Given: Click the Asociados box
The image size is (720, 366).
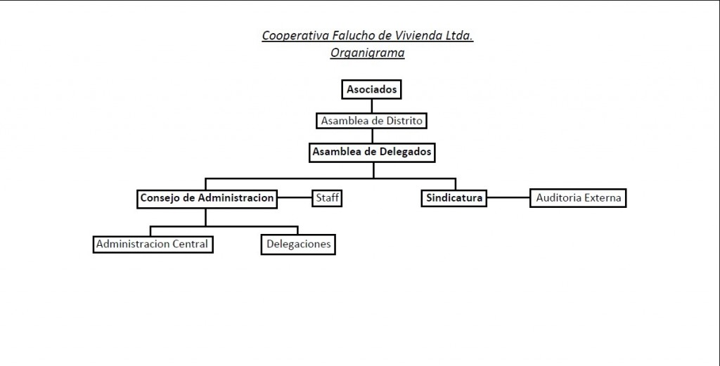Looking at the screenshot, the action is coord(371,89).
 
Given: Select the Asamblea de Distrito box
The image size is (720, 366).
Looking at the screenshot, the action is coord(371,121).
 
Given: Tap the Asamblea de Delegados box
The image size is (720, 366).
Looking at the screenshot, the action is coord(372,152).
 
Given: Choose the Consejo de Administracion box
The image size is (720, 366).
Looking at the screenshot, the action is coord(207,199).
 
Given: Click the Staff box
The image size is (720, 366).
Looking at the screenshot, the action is coord(327,198).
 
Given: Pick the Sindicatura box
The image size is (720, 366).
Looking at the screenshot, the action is coord(454,198).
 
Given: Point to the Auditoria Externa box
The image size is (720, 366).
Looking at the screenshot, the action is coord(578,198).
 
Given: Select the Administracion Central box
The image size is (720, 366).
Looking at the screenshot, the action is coord(153,244).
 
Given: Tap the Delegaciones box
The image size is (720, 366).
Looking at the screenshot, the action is coord(298,244).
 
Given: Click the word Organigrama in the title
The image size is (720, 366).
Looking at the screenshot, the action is coord(367,53).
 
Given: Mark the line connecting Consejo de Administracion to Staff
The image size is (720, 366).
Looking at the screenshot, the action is coord(295,198).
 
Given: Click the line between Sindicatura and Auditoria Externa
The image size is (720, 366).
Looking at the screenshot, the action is coord(508,198).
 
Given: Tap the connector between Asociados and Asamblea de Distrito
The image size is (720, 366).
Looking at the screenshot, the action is coord(371,106).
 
